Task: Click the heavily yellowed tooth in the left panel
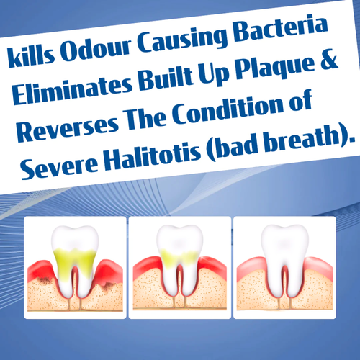74,259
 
